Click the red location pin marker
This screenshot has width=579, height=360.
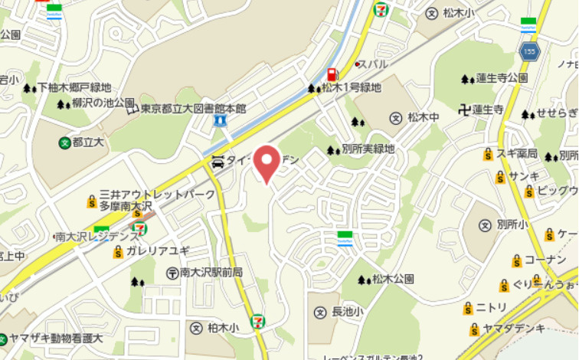coord(267,162)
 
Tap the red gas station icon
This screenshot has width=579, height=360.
coord(332,74)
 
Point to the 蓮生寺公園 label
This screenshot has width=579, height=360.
coord(501,78)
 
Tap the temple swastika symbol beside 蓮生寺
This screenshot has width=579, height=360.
coord(462,110)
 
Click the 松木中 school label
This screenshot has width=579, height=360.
coord(423,117)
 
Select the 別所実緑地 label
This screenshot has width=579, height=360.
coord(368,149)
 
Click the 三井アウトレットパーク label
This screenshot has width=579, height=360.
coord(158,195)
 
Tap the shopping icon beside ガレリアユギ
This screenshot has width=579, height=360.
coord(118,252)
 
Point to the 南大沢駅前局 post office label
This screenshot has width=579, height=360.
coord(211,272)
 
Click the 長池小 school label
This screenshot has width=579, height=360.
coord(347,312)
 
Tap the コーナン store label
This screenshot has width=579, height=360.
coord(545,260)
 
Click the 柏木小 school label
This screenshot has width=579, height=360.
coord(222,328)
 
